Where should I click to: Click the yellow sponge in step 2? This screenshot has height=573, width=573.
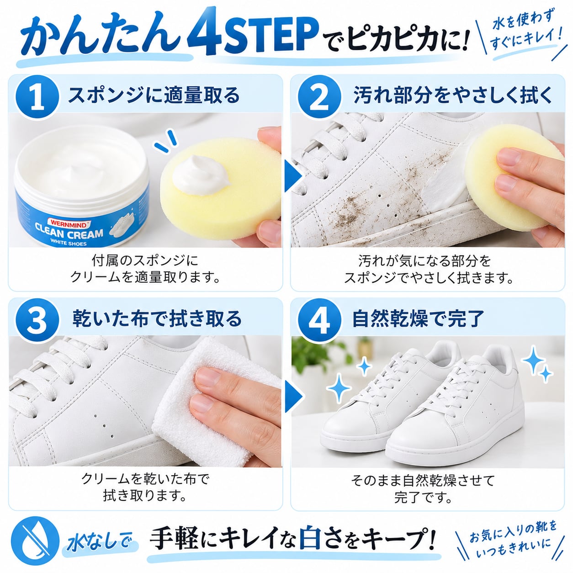point(515,178)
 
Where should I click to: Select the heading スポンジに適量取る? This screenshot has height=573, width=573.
point(154,95)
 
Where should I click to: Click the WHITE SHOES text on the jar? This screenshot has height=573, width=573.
point(69,243)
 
